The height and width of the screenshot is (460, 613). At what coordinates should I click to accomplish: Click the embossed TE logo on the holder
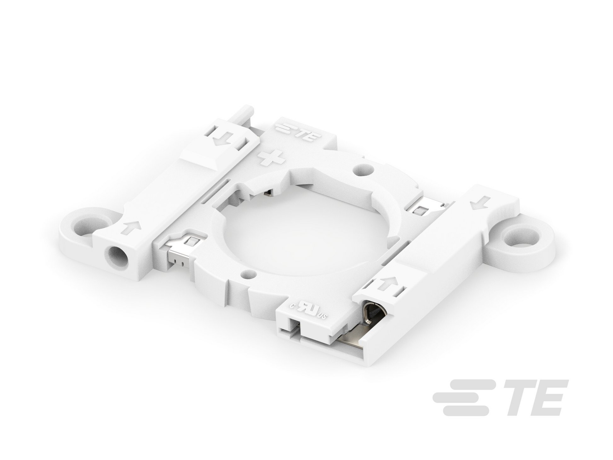tap(298, 133)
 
